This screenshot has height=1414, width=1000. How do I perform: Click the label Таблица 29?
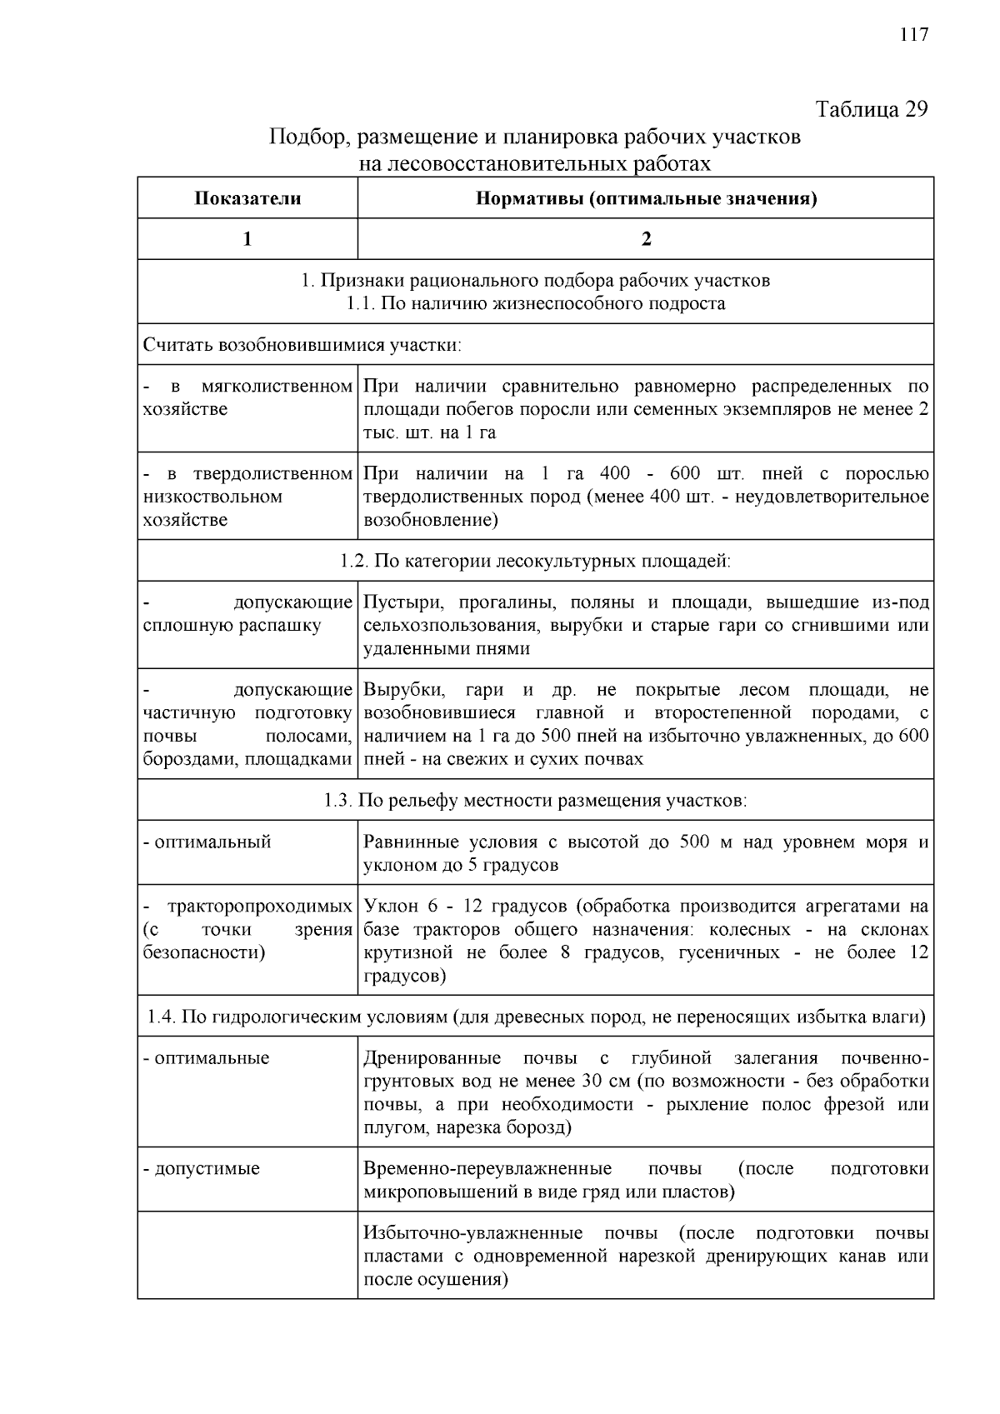871,110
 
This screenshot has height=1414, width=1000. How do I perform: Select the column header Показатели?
247,198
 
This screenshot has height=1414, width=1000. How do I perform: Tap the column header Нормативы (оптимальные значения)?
646,198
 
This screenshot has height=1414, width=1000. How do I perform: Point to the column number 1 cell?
247,239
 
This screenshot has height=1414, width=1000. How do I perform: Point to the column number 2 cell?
646,239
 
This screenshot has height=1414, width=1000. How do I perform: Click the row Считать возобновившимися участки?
302,345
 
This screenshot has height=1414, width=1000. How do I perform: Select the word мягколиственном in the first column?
277,387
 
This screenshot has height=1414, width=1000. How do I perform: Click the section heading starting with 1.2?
535,561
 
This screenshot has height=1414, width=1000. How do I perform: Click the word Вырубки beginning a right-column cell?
398,691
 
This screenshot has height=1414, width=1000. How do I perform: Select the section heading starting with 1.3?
535,801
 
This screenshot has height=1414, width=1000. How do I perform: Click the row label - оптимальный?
207,842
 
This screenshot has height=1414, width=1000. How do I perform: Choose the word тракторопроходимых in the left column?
259,907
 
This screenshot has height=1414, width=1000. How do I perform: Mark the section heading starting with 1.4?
535,1017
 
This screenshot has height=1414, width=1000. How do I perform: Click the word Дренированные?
432,1058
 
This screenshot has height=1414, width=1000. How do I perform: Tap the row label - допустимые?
202,1168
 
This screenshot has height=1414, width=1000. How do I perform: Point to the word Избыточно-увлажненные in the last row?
472,1233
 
